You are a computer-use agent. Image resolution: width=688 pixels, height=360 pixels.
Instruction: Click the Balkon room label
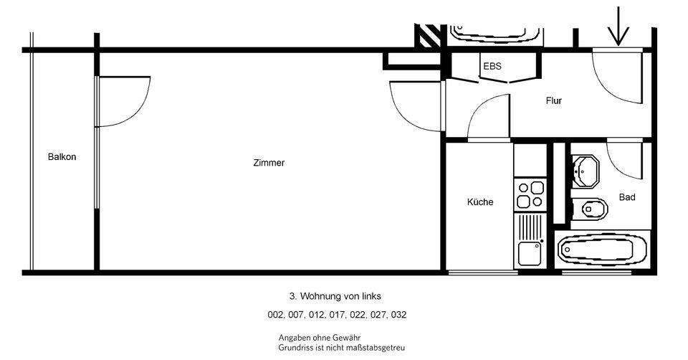62,157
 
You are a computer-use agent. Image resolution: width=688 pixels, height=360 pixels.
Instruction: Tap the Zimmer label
269,163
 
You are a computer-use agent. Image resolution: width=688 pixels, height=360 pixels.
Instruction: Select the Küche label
480,202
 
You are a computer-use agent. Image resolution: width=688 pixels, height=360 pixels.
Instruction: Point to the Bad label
627,197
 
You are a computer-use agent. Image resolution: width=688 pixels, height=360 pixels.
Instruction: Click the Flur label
553,101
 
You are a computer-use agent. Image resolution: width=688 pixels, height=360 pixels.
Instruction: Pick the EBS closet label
492,66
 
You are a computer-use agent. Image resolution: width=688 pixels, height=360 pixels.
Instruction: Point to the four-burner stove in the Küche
530,196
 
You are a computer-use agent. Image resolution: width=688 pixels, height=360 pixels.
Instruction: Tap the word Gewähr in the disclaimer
345,337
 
